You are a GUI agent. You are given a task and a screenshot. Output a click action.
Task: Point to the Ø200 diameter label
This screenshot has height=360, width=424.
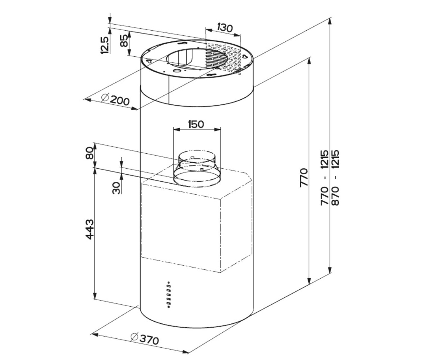pos(115,100)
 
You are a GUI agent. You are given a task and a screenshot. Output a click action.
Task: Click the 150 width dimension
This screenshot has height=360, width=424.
pos(196,124)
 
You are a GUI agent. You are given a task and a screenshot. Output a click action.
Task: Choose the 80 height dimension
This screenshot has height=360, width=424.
pos(89,153)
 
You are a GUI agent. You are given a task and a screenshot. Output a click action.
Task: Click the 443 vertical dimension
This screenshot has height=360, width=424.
pos(89,229)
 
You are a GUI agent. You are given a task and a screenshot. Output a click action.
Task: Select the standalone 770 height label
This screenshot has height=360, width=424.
pos(304,178)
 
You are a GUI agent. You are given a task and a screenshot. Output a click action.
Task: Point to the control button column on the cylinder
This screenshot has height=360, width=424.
pos(169,295)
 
